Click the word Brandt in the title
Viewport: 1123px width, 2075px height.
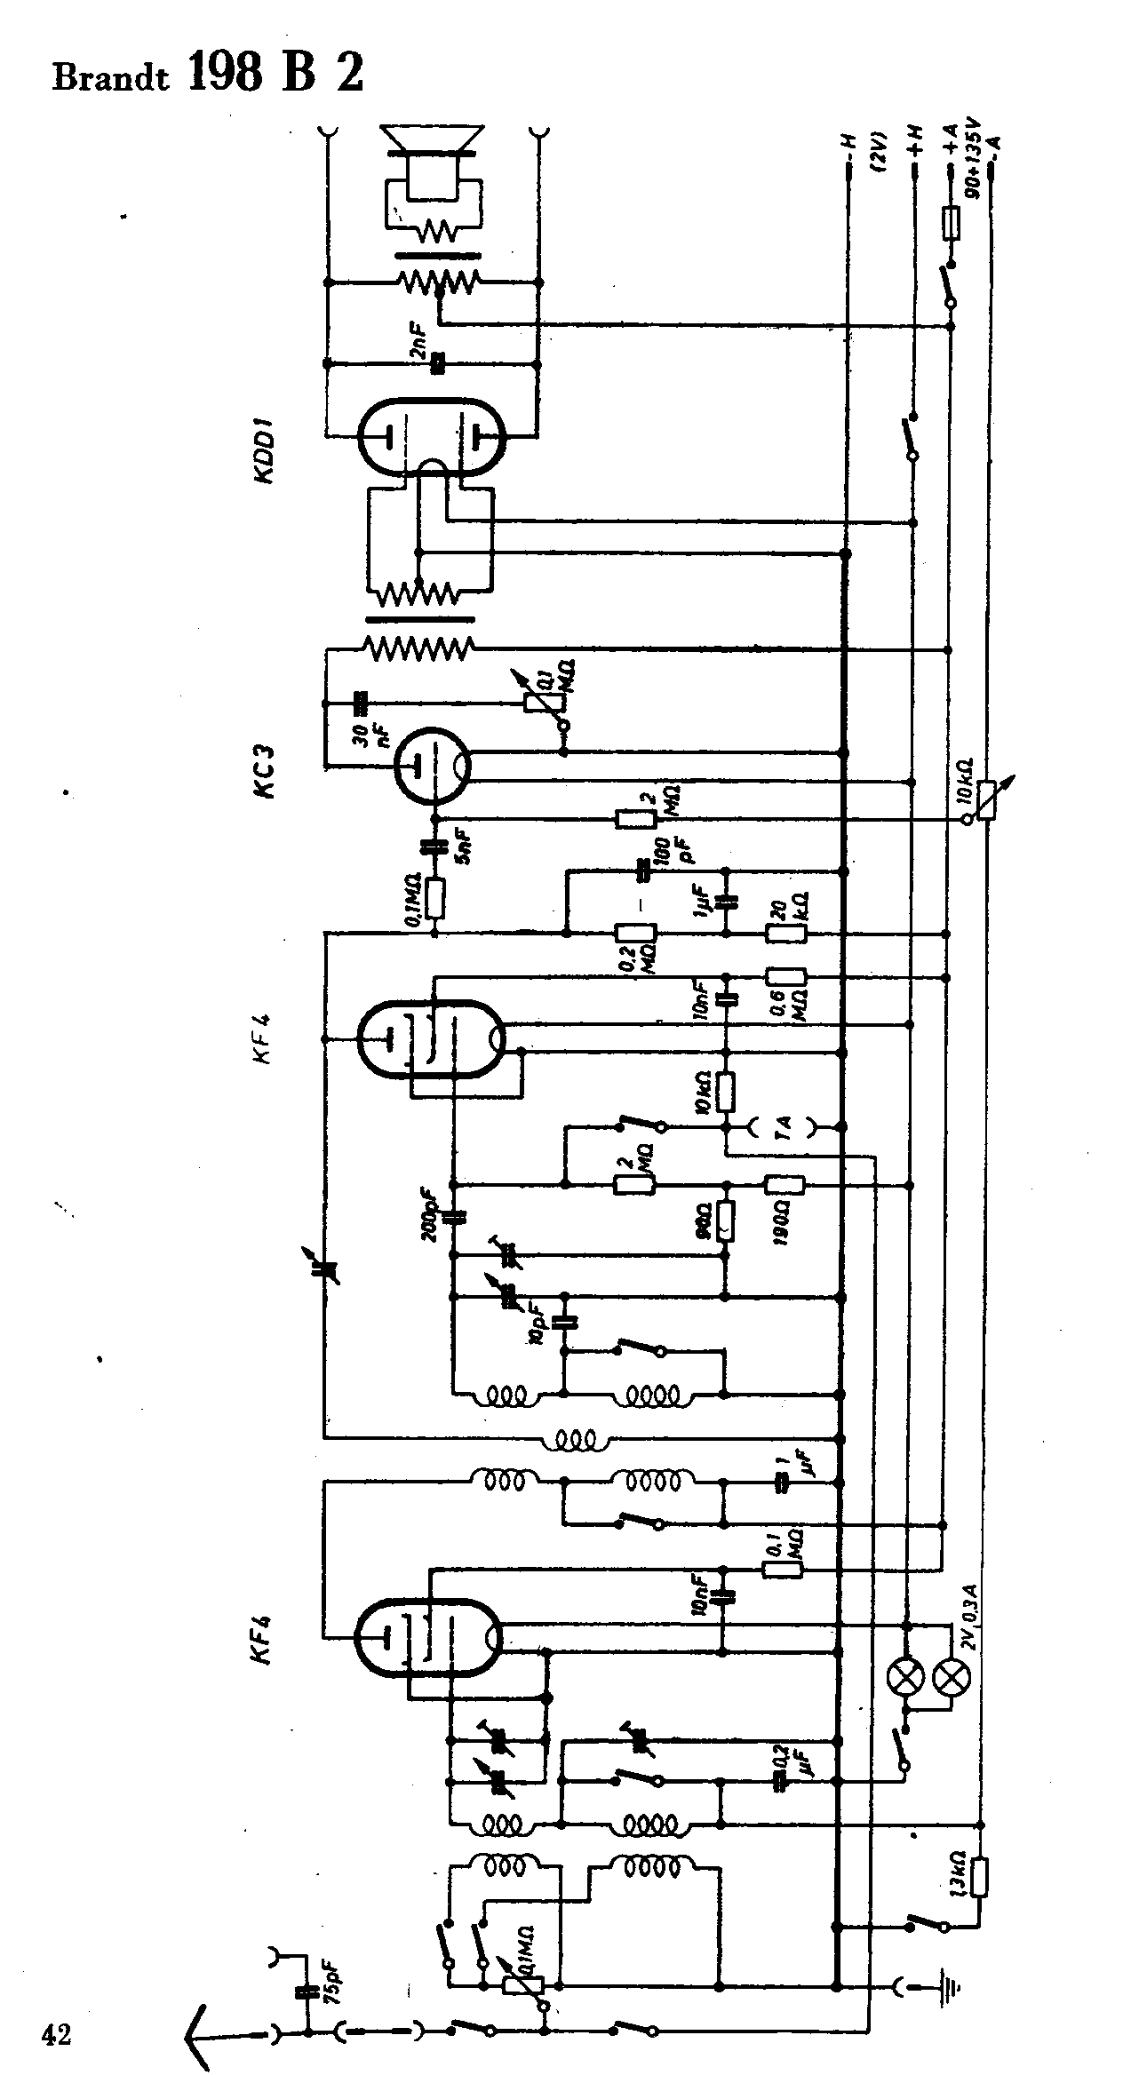tap(111, 77)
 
